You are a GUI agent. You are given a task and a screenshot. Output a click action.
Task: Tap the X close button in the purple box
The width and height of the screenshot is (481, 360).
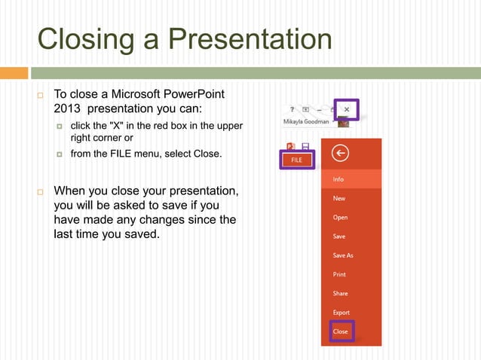click(x=346, y=109)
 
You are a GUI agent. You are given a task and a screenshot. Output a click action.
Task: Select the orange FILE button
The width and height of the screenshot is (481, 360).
click(x=296, y=160)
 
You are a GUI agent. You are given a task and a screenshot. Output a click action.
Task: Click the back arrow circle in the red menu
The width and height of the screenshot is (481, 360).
click(x=340, y=154)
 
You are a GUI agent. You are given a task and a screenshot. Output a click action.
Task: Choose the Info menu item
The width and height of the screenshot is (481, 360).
click(x=339, y=179)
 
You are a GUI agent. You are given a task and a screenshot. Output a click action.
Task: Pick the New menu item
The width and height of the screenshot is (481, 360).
click(x=339, y=198)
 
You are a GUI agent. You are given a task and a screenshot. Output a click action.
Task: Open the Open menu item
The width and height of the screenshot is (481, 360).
click(x=340, y=218)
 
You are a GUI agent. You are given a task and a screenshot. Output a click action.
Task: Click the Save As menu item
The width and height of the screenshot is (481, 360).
click(x=343, y=255)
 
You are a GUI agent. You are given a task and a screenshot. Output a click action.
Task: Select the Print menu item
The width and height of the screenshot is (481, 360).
click(x=339, y=274)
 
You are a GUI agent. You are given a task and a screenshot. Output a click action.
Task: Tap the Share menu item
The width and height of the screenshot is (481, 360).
click(x=340, y=294)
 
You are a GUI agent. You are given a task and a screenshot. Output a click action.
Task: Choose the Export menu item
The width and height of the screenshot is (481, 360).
click(x=341, y=313)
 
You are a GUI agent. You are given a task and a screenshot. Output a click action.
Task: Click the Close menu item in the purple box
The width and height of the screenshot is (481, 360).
click(x=341, y=331)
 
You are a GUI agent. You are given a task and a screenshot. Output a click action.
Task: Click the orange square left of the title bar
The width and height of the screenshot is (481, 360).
click(x=14, y=73)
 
